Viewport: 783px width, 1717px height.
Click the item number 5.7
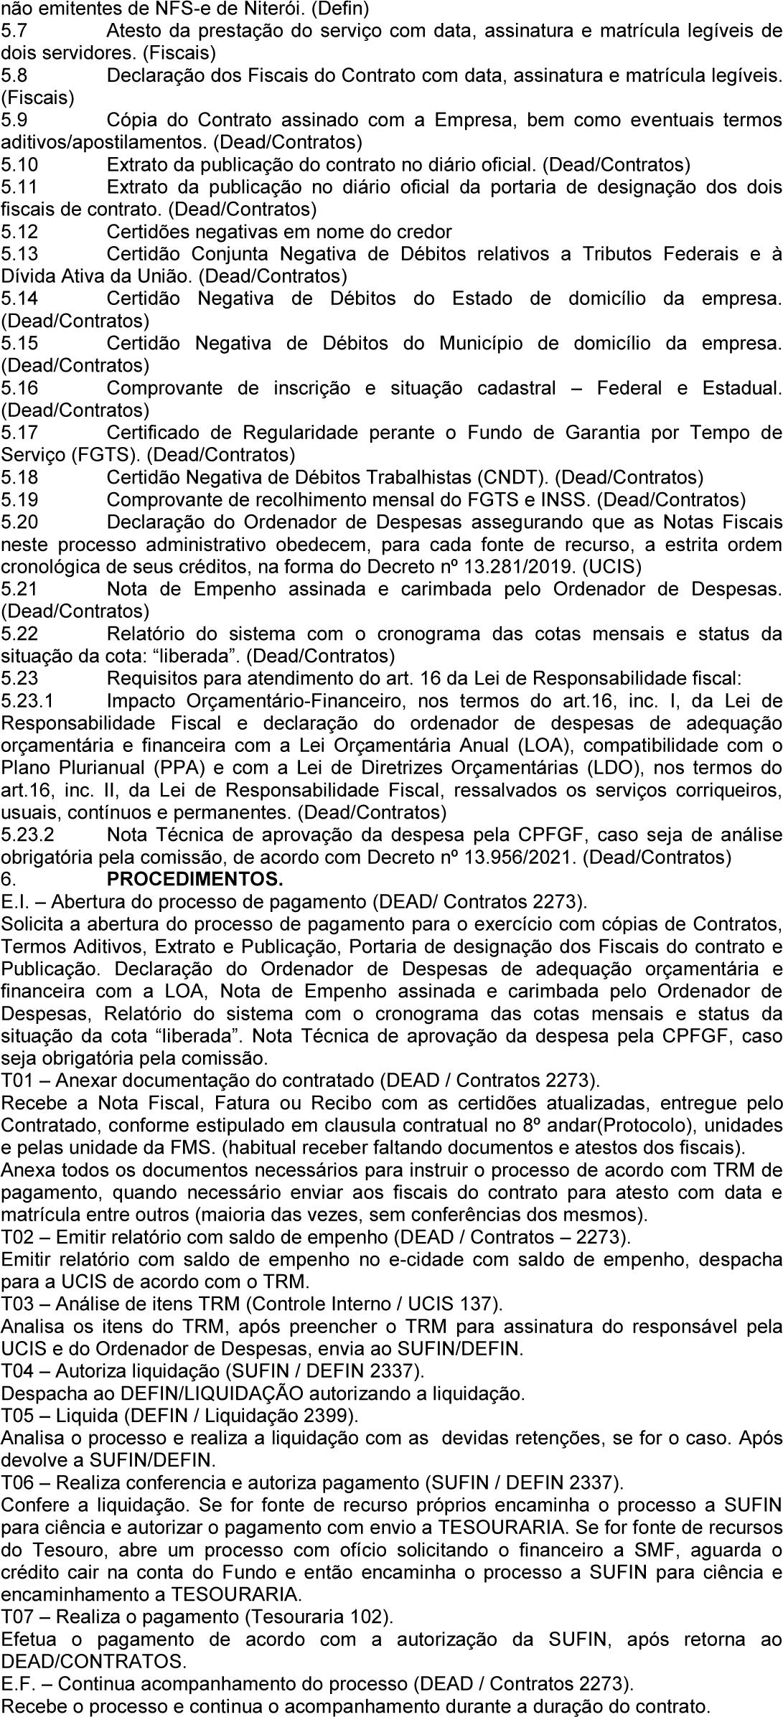click(14, 31)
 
